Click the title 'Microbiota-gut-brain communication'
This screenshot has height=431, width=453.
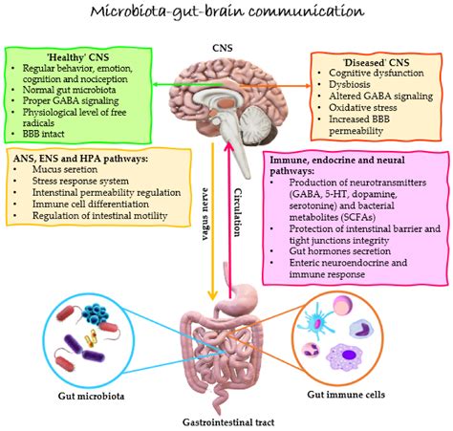click(226, 12)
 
